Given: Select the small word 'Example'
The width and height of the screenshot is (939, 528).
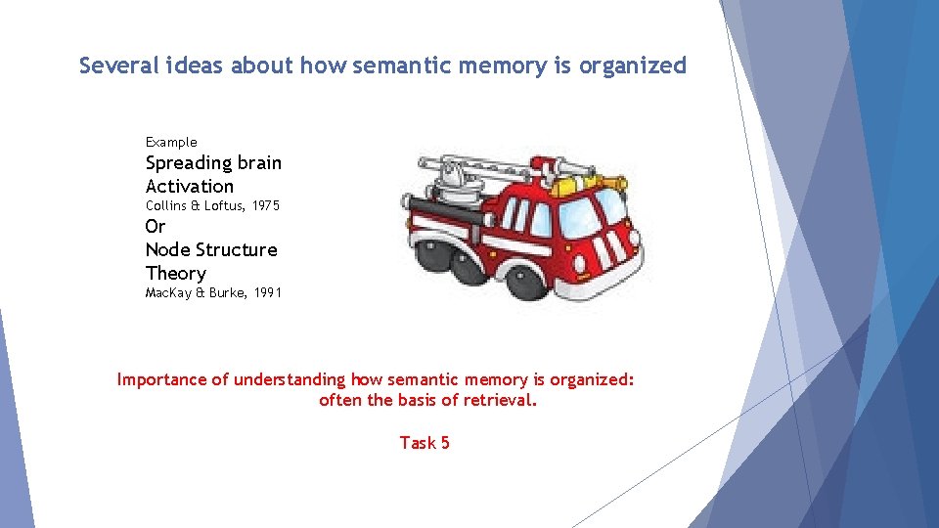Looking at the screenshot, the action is point(171,142).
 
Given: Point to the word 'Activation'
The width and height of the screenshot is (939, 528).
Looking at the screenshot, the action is point(190,186).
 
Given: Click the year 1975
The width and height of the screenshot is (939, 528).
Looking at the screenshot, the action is point(266,205).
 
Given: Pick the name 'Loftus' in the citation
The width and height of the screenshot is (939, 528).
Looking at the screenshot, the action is point(224,205).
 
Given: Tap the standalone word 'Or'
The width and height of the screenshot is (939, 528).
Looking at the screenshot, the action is point(156,227).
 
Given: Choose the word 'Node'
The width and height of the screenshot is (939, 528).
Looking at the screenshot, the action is point(169,250).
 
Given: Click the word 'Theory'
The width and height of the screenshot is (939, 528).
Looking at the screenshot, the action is point(176,274).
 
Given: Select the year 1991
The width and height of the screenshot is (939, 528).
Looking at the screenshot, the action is point(266,292).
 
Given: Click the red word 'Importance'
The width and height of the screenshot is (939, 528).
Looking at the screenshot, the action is point(162,379).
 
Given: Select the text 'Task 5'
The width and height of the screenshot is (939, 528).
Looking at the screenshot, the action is point(425,443).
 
